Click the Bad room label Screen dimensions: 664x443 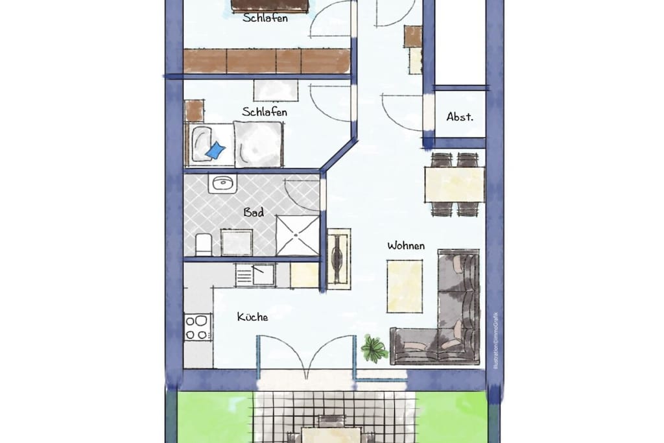(x=254, y=212)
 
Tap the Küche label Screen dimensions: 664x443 (x=252, y=317)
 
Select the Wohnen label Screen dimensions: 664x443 (x=406, y=246)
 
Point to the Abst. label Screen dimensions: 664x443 (x=460, y=117)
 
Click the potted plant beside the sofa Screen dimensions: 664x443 (x=373, y=348)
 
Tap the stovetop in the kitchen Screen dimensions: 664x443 (x=198, y=327)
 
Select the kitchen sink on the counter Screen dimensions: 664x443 (x=255, y=275)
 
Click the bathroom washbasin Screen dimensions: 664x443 (x=222, y=184)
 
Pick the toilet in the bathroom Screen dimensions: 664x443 (x=203, y=245)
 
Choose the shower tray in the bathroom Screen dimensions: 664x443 (x=297, y=235)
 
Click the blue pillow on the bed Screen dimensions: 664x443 (x=215, y=150)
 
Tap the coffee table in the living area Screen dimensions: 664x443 (x=405, y=286)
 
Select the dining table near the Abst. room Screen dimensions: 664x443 (x=455, y=185)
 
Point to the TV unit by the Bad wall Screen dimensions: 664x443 (x=338, y=259)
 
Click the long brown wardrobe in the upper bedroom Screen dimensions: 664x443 (x=267, y=61)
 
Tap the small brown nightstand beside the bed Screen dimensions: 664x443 (x=195, y=111)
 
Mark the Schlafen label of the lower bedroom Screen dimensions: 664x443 (x=265, y=112)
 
